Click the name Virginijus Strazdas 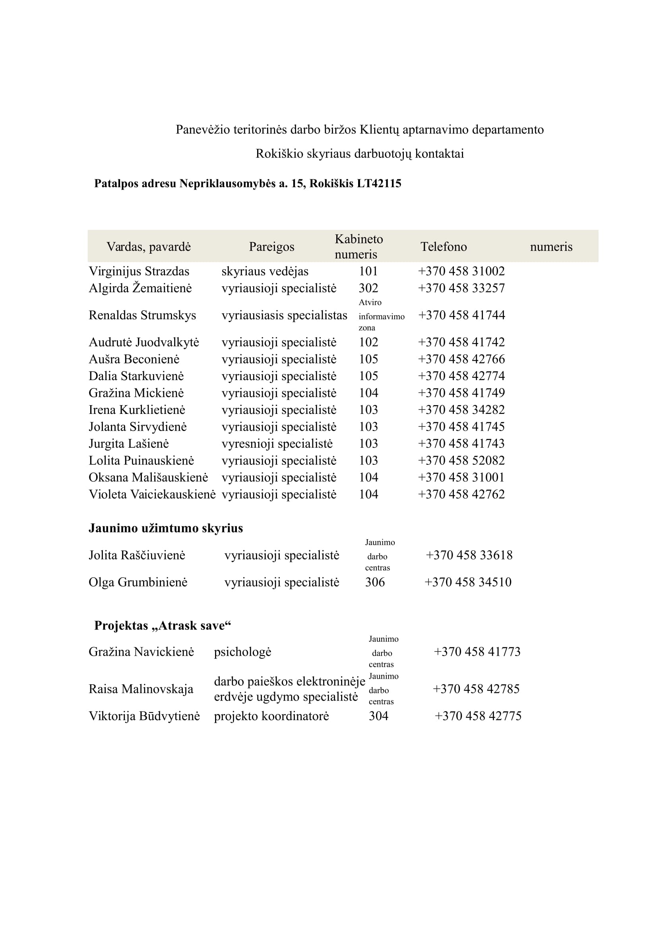pyautogui.click(x=139, y=271)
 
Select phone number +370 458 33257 pyautogui.click(x=461, y=288)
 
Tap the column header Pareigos pyautogui.click(x=271, y=247)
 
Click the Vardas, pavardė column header pyautogui.click(x=149, y=247)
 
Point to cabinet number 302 pyautogui.click(x=368, y=288)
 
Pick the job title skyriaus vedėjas pyautogui.click(x=265, y=271)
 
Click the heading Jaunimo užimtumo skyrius pyautogui.click(x=166, y=528)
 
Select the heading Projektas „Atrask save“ pyautogui.click(x=162, y=626)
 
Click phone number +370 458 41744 pyautogui.click(x=461, y=315)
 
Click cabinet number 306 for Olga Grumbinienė pyautogui.click(x=374, y=582)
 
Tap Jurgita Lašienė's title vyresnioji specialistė pyautogui.click(x=277, y=444)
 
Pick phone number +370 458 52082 pyautogui.click(x=461, y=460)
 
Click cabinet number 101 pyautogui.click(x=368, y=271)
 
